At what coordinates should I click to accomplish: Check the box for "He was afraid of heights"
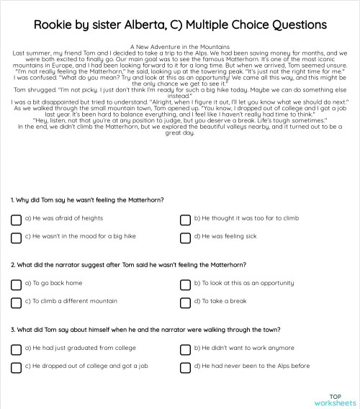(x=16, y=217)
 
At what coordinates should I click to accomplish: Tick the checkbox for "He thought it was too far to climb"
(x=186, y=217)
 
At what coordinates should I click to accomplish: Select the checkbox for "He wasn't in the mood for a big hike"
(x=16, y=236)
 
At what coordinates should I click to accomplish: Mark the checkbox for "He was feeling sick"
(x=186, y=236)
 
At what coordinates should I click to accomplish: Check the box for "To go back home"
(x=16, y=283)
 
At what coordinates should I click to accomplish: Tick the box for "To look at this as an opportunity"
(x=186, y=283)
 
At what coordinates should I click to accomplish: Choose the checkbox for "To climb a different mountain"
(x=16, y=302)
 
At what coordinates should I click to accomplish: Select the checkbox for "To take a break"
(x=186, y=302)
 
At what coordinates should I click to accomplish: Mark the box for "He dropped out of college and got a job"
(x=16, y=367)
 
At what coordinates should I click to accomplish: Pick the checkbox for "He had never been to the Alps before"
(x=186, y=367)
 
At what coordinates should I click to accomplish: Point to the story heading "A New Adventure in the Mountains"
(x=179, y=45)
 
